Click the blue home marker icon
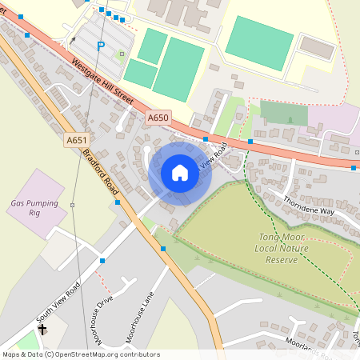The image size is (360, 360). [180, 173]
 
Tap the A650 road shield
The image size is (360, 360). [158, 118]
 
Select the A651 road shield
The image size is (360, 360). [77, 140]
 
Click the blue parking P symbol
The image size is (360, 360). [101, 46]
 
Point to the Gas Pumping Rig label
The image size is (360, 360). [34, 208]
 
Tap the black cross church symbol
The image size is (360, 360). [42, 328]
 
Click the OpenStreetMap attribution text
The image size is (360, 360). [80, 354]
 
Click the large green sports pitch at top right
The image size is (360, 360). [258, 42]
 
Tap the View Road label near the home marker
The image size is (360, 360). [211, 154]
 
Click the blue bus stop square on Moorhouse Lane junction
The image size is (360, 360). [164, 249]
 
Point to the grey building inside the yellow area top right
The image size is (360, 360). [317, 48]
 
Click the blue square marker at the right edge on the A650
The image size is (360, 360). [354, 168]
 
